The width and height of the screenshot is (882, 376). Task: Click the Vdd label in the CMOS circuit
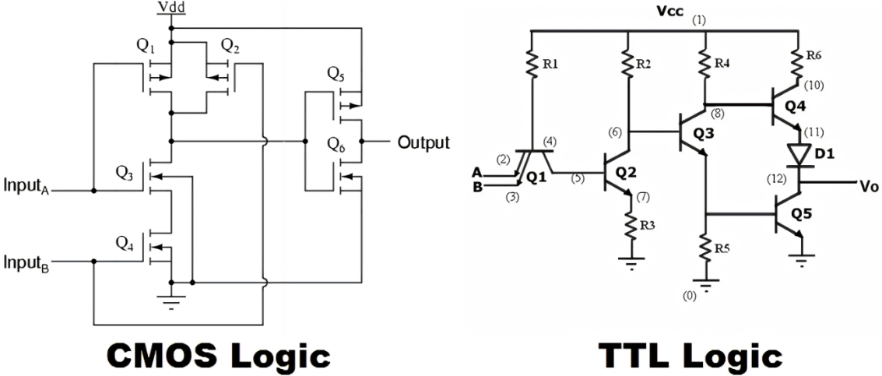[x=172, y=8]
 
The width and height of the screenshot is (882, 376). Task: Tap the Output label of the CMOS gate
[x=423, y=142]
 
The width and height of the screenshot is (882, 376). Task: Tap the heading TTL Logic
[x=690, y=356]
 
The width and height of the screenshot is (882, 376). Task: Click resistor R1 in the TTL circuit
[x=531, y=65]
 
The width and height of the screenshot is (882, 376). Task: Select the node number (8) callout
[x=716, y=114]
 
